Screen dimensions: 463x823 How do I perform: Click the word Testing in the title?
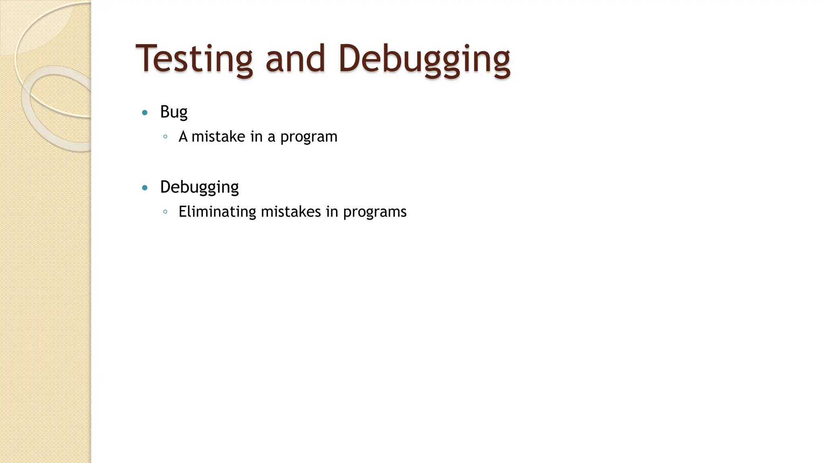coord(194,59)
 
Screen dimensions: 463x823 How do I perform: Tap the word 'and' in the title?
coord(295,59)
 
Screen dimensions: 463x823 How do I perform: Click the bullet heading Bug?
coord(174,112)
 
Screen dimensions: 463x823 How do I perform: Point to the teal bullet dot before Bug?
coord(145,113)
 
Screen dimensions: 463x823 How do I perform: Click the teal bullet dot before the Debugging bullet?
coord(145,188)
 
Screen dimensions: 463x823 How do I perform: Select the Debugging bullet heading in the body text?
coord(199,187)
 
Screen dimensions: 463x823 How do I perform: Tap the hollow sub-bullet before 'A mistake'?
coord(165,137)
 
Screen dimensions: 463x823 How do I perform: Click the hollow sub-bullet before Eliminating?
coord(165,212)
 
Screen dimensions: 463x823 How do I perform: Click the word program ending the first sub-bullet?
coord(309,137)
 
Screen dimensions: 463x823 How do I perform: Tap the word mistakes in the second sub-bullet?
coord(291,212)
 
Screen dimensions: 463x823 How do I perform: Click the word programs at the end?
coord(375,213)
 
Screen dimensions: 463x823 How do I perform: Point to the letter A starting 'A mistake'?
coord(183,137)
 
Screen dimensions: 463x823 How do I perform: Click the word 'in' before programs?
coord(332,212)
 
